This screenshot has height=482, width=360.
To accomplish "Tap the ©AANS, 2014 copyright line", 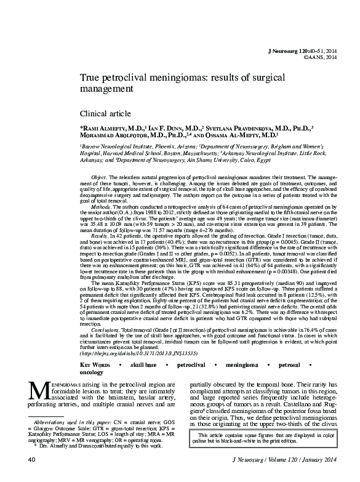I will (321, 57).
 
